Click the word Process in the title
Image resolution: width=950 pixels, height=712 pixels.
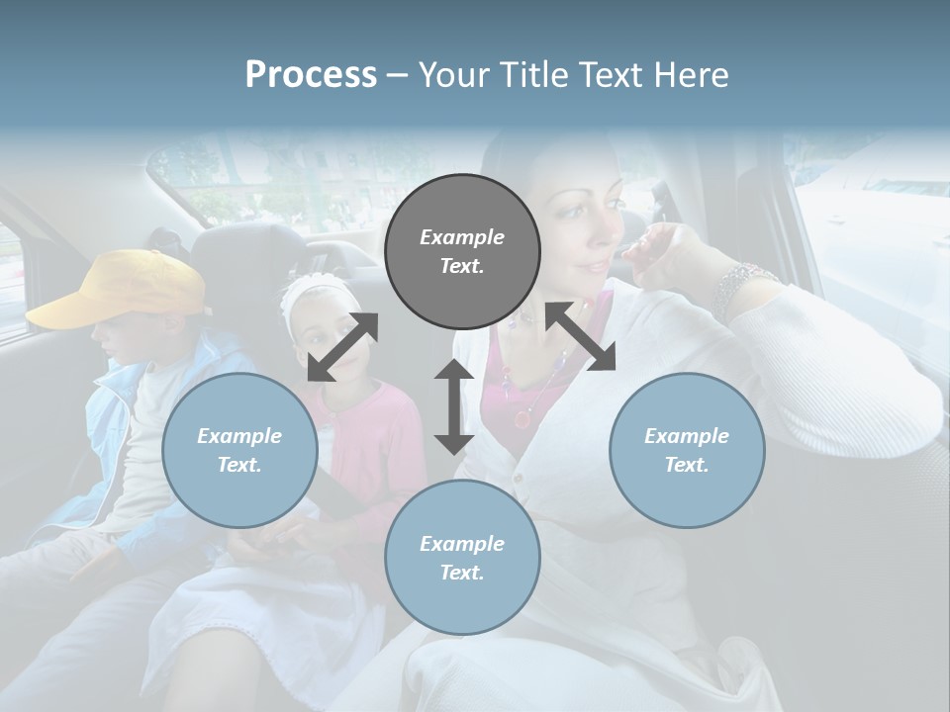click(x=311, y=75)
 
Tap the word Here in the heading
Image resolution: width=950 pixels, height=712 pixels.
click(x=690, y=75)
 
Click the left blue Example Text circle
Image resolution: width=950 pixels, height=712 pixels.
click(x=239, y=450)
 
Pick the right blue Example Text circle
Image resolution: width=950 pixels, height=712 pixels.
click(x=687, y=450)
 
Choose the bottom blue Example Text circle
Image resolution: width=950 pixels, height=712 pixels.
click(x=462, y=558)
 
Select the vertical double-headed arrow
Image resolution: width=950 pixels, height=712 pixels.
click(x=453, y=406)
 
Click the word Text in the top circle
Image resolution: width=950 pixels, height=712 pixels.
click(x=462, y=266)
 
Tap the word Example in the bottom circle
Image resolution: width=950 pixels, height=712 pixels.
click(x=462, y=543)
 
